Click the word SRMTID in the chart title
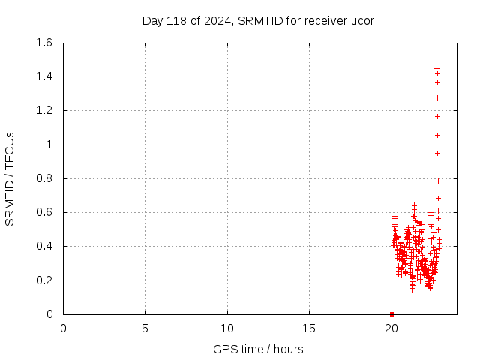pyautogui.click(x=257, y=20)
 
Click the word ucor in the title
pyautogui.click(x=361, y=20)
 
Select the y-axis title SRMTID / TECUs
pyautogui.click(x=10, y=178)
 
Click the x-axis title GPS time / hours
pyautogui.click(x=258, y=349)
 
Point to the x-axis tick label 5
pyautogui.click(x=145, y=328)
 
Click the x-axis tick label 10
pyautogui.click(x=227, y=328)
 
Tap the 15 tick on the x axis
pyautogui.click(x=310, y=328)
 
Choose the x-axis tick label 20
pyautogui.click(x=391, y=328)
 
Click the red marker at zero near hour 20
pyautogui.click(x=391, y=313)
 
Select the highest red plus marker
pyautogui.click(x=436, y=69)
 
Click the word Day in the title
pyautogui.click(x=152, y=20)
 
